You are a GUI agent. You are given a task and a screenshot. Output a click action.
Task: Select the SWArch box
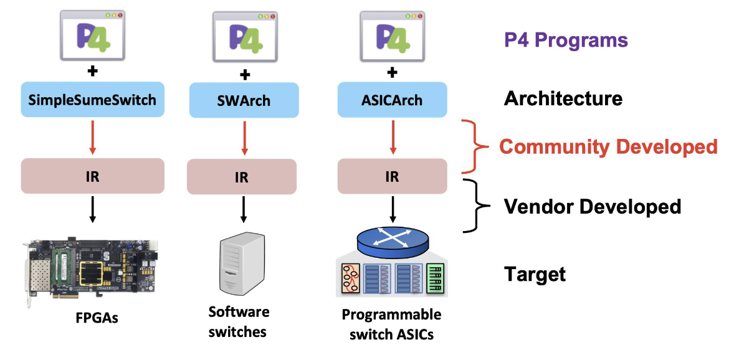click(x=242, y=100)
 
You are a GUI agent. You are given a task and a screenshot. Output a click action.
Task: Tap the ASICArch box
click(x=391, y=99)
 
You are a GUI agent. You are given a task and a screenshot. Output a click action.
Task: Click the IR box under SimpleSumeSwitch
click(x=92, y=176)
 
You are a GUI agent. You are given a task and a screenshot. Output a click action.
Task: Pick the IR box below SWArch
click(x=242, y=178)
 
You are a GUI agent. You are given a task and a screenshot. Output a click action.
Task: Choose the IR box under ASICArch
click(x=391, y=176)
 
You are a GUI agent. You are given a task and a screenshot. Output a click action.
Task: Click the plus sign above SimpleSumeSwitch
click(x=92, y=71)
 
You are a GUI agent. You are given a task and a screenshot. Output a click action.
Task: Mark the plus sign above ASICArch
click(x=392, y=72)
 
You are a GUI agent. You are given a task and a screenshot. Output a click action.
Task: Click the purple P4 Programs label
click(x=566, y=40)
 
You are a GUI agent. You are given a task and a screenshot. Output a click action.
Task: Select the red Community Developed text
click(x=608, y=147)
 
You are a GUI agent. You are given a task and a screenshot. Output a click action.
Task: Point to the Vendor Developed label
click(x=592, y=206)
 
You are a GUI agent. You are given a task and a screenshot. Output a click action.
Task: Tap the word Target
click(x=535, y=274)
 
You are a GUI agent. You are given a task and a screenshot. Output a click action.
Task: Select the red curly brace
click(x=477, y=147)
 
